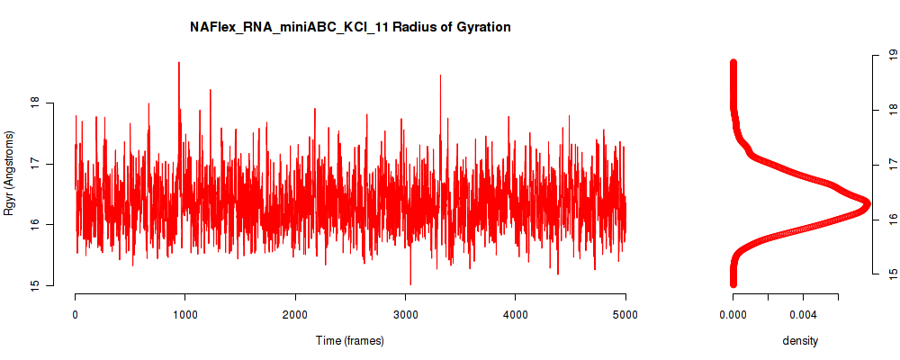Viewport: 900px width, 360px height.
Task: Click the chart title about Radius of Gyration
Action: tap(350, 27)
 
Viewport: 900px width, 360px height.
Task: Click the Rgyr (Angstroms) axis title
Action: tap(9, 173)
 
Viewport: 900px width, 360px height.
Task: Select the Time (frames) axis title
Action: tap(350, 340)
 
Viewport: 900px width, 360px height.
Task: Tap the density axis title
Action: tap(800, 340)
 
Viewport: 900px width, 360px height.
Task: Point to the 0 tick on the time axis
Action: tap(76, 314)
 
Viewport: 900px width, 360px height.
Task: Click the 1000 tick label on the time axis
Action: tap(185, 314)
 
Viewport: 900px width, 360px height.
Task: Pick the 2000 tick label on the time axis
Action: tap(295, 314)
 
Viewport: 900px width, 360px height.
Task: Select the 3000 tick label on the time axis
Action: tap(405, 314)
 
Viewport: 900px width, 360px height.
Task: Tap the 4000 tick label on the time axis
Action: tap(516, 314)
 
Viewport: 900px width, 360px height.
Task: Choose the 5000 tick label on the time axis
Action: tap(625, 314)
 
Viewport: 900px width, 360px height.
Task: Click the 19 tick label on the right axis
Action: tap(892, 56)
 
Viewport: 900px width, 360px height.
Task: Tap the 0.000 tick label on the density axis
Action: tap(733, 314)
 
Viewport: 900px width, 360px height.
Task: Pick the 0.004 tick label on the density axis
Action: tap(803, 314)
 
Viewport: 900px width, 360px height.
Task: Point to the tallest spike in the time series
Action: tap(179, 63)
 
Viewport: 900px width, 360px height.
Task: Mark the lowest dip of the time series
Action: tap(410, 284)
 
